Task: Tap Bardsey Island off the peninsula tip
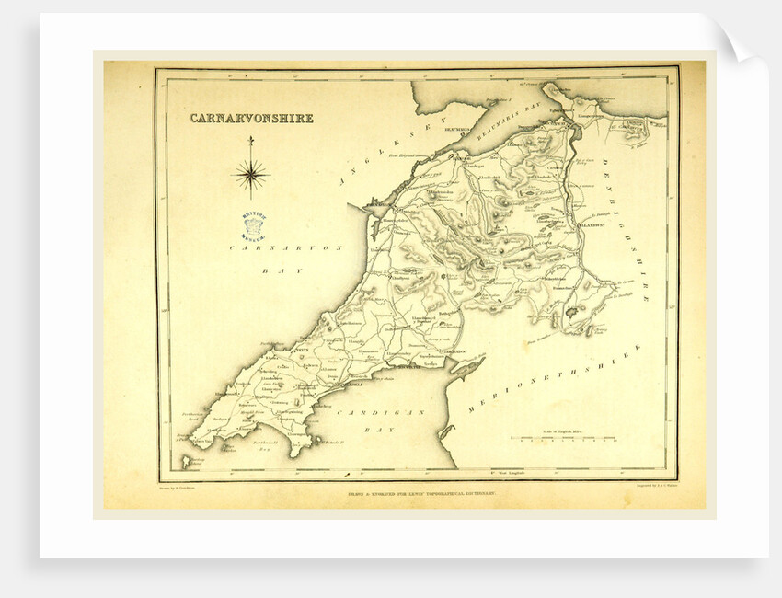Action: pos(186,461)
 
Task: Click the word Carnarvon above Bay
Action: pos(267,249)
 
